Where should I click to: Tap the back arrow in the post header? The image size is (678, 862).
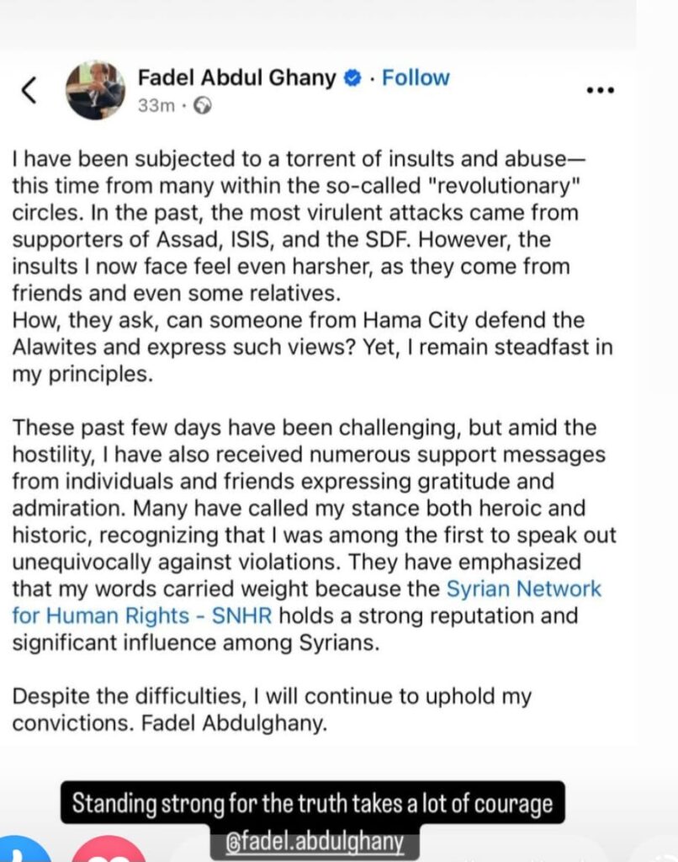[28, 90]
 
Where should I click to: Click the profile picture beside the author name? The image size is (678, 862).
[97, 91]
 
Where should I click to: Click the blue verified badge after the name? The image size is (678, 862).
[353, 78]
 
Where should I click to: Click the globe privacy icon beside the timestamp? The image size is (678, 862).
[203, 106]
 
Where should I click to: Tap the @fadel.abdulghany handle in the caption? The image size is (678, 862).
[314, 842]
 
